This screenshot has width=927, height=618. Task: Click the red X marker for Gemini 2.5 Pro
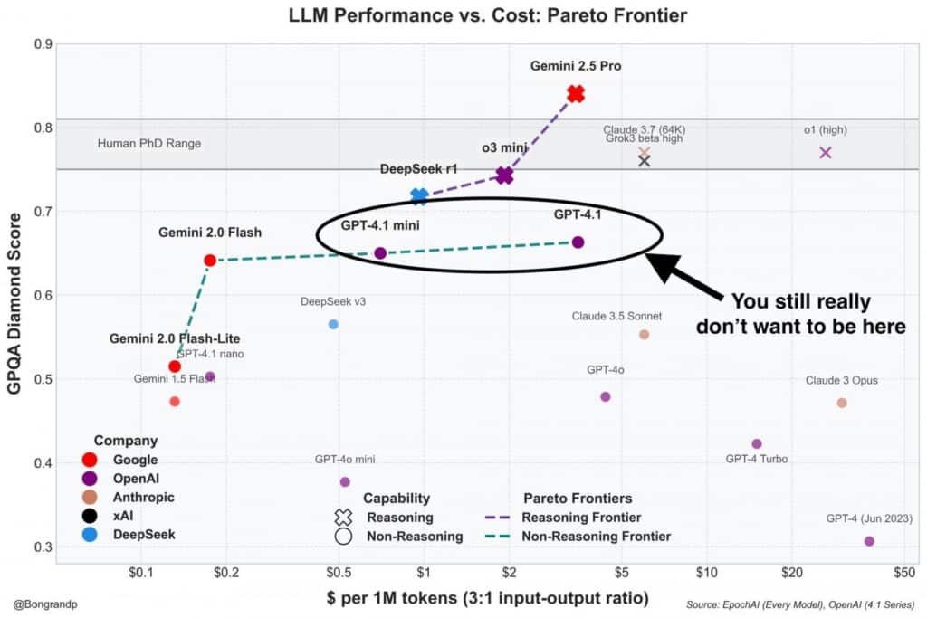click(576, 94)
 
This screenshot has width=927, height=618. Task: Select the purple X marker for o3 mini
click(504, 176)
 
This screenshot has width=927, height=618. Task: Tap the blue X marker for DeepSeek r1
click(419, 195)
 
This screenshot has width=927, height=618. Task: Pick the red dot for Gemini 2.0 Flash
click(210, 261)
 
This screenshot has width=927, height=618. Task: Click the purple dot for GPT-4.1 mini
click(380, 253)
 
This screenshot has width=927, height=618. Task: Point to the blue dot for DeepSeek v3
click(333, 324)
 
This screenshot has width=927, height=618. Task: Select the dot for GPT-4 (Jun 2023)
click(869, 541)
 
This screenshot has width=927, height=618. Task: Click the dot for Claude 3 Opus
click(842, 403)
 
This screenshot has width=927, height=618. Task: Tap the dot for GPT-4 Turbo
click(757, 443)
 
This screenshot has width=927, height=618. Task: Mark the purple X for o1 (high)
click(825, 152)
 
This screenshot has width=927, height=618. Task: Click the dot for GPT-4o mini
click(345, 481)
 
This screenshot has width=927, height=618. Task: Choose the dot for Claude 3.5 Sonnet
click(645, 334)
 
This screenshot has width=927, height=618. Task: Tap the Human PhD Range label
click(149, 144)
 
